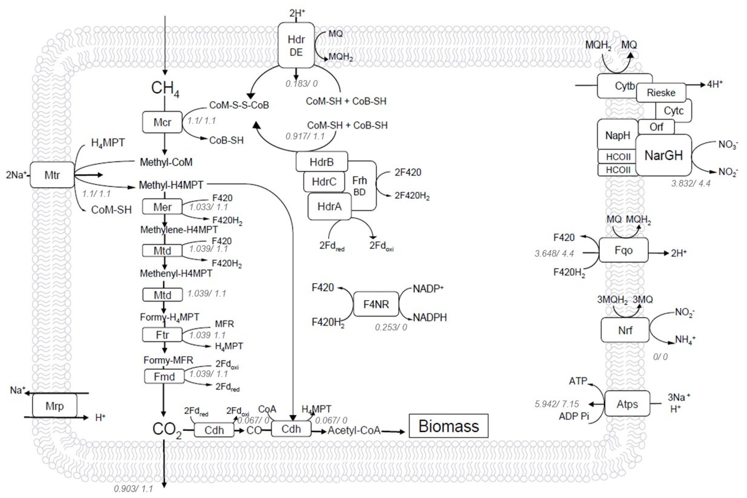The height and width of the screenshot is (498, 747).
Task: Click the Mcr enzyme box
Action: click(x=162, y=122)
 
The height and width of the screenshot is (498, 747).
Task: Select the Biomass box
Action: click(x=448, y=426)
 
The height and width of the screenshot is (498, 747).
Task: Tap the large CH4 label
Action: click(x=165, y=89)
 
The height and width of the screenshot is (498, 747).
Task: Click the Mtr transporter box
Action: click(x=53, y=175)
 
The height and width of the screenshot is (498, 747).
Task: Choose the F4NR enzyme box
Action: click(x=376, y=304)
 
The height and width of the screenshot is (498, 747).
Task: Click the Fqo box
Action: click(x=623, y=250)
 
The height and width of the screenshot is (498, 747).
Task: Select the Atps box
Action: click(x=627, y=404)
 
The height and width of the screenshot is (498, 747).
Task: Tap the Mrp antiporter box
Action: click(x=55, y=406)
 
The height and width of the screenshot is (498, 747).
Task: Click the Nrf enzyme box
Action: click(x=625, y=330)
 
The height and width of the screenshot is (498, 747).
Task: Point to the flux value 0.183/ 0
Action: click(x=301, y=84)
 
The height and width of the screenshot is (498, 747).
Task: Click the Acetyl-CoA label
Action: click(x=354, y=430)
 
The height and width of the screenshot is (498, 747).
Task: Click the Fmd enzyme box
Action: click(x=164, y=377)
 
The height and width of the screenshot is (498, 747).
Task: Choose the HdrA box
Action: click(x=329, y=207)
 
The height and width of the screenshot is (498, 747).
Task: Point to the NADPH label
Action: click(x=430, y=317)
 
